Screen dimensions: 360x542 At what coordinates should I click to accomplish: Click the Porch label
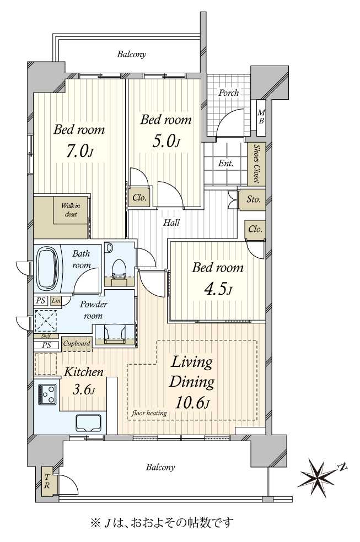click(x=229, y=93)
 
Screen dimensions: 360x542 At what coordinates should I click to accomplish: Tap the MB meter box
click(x=261, y=117)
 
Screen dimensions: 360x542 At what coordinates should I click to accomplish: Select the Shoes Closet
click(x=256, y=164)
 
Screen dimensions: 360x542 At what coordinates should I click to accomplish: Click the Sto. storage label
click(x=253, y=199)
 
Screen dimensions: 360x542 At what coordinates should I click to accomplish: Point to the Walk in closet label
click(x=71, y=210)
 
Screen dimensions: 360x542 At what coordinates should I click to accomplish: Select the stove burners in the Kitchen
click(x=47, y=394)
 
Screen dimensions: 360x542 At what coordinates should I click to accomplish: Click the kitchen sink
click(x=89, y=422)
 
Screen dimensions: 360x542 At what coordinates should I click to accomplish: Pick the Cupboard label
click(x=77, y=344)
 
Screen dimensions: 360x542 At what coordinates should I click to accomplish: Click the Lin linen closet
click(x=56, y=301)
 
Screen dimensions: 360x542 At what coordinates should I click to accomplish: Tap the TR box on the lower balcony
click(x=47, y=481)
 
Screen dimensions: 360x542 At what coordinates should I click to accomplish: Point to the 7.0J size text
click(x=79, y=151)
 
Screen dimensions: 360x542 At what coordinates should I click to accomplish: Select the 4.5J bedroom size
click(x=218, y=289)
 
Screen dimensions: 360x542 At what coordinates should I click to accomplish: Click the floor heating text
click(x=149, y=413)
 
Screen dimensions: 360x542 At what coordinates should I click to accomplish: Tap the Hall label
click(x=171, y=223)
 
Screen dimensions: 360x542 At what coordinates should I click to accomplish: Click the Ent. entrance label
click(x=226, y=163)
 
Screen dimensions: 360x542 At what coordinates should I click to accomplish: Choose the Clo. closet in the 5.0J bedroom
click(x=139, y=198)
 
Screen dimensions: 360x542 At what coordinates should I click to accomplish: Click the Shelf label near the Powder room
click(x=46, y=336)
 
